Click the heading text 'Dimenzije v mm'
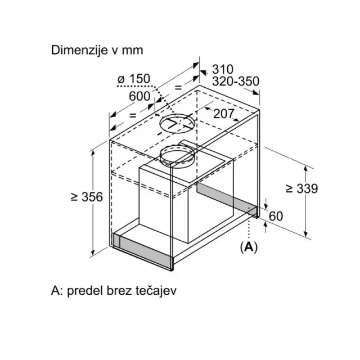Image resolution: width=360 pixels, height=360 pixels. (x=97, y=50)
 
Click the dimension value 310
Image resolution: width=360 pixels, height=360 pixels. (x=223, y=69)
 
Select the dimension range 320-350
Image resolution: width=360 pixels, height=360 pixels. (x=236, y=81)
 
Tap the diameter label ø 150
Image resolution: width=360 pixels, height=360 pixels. (x=134, y=79)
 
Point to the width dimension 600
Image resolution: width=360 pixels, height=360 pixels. (x=139, y=96)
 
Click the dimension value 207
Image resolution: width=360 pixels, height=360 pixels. (x=224, y=114)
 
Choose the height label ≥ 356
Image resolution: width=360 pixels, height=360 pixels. (x=87, y=197)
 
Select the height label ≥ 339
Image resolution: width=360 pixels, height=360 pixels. (x=302, y=189)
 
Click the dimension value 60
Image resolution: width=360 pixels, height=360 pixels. (x=276, y=216)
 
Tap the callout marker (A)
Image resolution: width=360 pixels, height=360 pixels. (x=249, y=247)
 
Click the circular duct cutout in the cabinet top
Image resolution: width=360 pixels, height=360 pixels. (x=177, y=118)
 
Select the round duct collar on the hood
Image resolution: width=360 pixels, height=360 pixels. (x=177, y=148)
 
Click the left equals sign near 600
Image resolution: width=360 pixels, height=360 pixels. (x=133, y=115)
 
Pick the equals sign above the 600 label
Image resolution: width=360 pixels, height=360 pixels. (x=178, y=88)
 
